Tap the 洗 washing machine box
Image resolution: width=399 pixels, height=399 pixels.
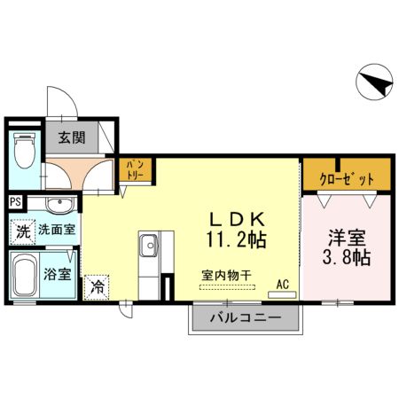click(x=22, y=232)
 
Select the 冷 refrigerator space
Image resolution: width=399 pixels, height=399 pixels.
click(x=97, y=286)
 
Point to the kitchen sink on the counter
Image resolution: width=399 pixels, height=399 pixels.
click(x=147, y=243)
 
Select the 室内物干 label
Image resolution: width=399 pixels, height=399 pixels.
click(x=224, y=275)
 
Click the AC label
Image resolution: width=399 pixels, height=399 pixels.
click(x=284, y=284)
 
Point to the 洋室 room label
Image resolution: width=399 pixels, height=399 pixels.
click(x=347, y=238)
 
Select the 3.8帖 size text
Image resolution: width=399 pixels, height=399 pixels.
click(x=347, y=258)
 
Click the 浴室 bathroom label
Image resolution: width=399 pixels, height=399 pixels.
click(x=60, y=273)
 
